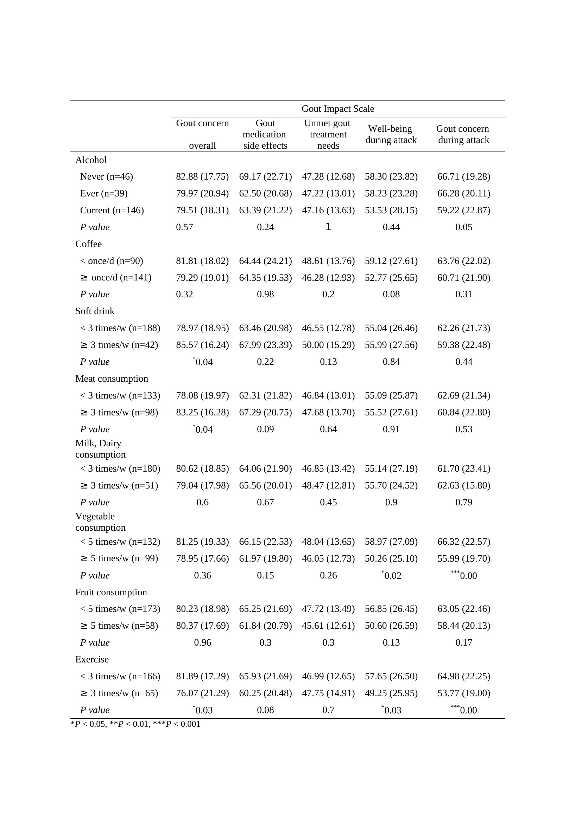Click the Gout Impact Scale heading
[x=337, y=109]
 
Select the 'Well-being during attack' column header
[x=391, y=134]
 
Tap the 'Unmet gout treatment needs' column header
[x=328, y=134]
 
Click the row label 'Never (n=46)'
[x=106, y=176]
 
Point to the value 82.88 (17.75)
[x=202, y=176]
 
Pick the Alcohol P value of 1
[x=328, y=227]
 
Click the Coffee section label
[x=89, y=244]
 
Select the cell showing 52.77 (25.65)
[x=391, y=278]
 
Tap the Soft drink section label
[x=95, y=311]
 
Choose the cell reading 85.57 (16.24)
[x=202, y=345]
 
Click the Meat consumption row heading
[x=112, y=378]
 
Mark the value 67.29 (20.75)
[x=265, y=412]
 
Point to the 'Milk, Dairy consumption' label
[x=100, y=448]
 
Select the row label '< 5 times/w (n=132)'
[x=120, y=541]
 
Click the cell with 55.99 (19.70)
[x=463, y=558]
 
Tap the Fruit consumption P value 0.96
[x=202, y=642]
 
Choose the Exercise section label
[x=92, y=659]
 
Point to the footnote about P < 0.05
[x=135, y=724]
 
